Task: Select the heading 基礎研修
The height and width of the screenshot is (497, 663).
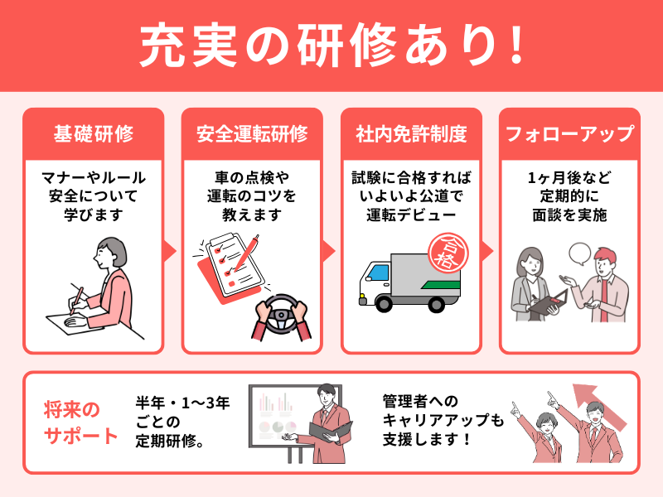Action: (93, 133)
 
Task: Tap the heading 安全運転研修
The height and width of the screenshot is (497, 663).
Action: (252, 133)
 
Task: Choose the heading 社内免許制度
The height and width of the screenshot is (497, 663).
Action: (411, 133)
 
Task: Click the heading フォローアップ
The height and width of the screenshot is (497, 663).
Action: (570, 133)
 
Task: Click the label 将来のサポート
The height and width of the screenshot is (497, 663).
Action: (80, 423)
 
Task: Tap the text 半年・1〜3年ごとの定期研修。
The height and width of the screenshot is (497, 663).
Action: (182, 422)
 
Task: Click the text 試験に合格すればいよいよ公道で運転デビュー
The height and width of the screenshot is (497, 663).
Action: (411, 196)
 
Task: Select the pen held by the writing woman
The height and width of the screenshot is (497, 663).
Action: (76, 297)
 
